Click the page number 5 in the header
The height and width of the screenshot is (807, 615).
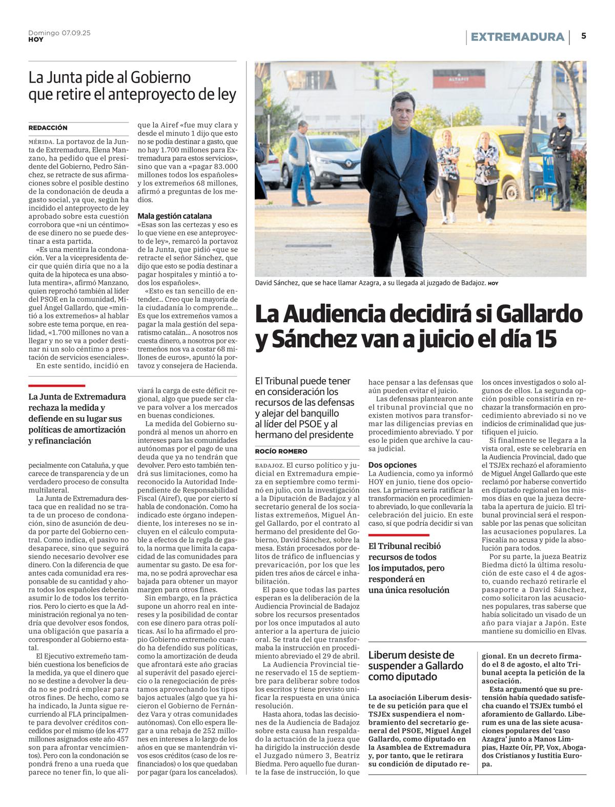pos(584,36)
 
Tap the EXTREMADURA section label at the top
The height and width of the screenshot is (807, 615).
pos(517,37)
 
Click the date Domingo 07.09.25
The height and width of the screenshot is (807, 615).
pos(59,33)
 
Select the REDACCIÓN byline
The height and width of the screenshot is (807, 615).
pos(48,128)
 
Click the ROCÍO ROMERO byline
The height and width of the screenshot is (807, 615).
pos(281,451)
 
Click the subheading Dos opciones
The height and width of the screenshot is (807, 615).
pos(392,465)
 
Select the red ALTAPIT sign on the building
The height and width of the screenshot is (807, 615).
pos(459,78)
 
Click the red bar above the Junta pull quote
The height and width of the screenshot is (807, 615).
pos(56,385)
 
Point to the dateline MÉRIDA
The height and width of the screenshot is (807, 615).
pos(41,141)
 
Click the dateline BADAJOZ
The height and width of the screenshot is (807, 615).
pos(269,465)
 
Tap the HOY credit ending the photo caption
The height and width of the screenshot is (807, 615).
pos(493,283)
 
